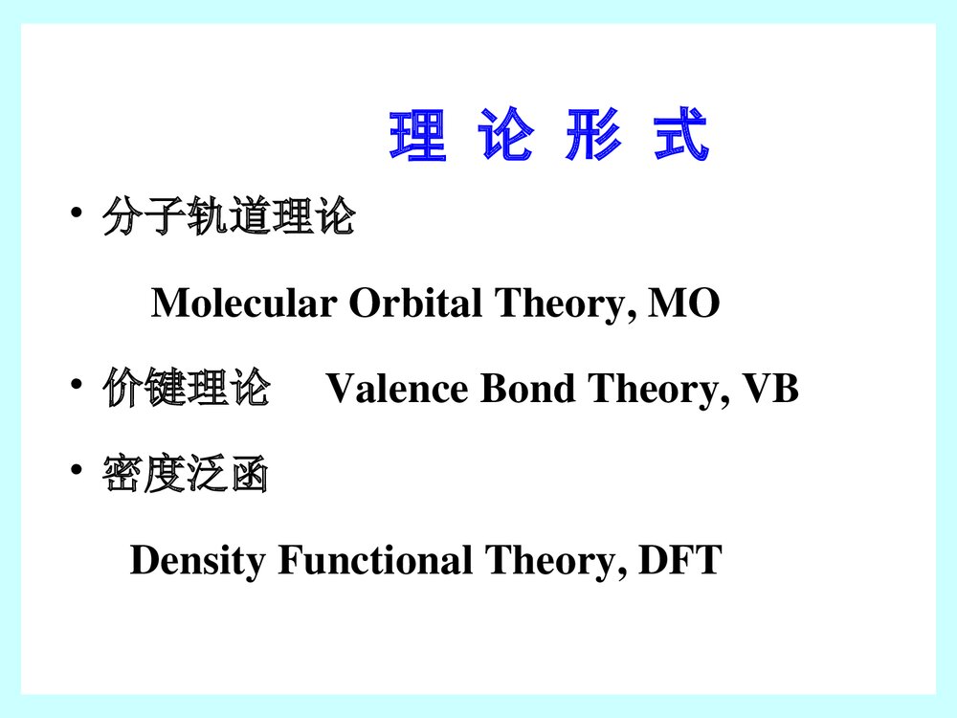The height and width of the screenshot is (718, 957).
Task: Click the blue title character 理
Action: pyautogui.click(x=417, y=136)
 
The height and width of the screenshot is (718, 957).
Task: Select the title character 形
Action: pyautogui.click(x=591, y=136)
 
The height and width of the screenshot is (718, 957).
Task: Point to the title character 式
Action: pyautogui.click(x=680, y=136)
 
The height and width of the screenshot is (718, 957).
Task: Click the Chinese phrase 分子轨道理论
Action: pyautogui.click(x=229, y=219)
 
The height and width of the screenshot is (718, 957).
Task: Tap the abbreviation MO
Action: pyautogui.click(x=684, y=304)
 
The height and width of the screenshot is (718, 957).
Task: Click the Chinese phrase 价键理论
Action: pyautogui.click(x=186, y=391)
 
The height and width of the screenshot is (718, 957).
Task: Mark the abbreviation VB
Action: pyautogui.click(x=770, y=391)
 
